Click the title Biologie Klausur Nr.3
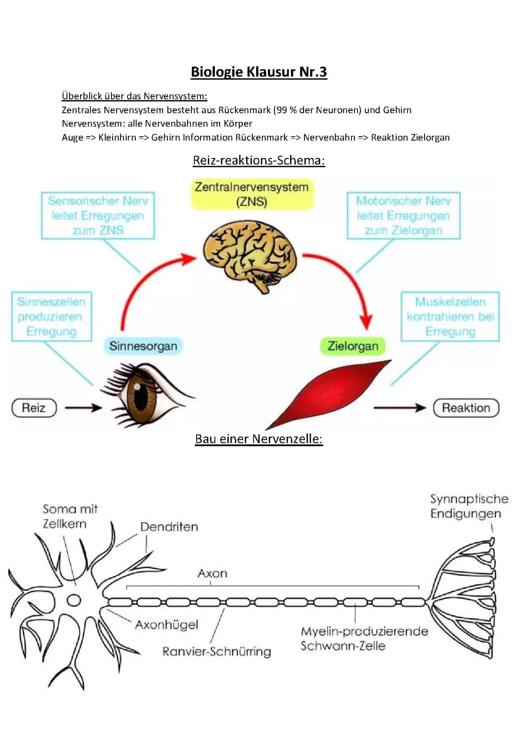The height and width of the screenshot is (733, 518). pyautogui.click(x=259, y=72)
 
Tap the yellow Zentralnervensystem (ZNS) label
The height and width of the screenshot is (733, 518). pyautogui.click(x=252, y=194)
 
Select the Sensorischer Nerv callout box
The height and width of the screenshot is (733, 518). pyautogui.click(x=98, y=216)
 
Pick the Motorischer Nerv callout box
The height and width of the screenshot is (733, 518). pyautogui.click(x=403, y=216)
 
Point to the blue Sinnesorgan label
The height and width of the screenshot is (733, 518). pyautogui.click(x=143, y=346)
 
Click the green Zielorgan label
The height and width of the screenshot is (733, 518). pyautogui.click(x=353, y=346)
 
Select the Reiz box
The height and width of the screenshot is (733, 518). pyautogui.click(x=34, y=408)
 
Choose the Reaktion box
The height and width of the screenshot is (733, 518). pyautogui.click(x=466, y=408)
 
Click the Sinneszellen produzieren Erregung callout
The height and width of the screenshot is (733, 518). pyautogui.click(x=51, y=317)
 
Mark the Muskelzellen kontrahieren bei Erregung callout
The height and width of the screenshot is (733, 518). pyautogui.click(x=450, y=317)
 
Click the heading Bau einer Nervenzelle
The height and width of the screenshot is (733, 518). pyautogui.click(x=259, y=439)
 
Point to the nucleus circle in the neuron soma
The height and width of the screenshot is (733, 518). pyautogui.click(x=74, y=600)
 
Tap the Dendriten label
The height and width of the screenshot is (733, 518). pyautogui.click(x=169, y=527)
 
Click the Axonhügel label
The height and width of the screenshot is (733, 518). pyautogui.click(x=166, y=625)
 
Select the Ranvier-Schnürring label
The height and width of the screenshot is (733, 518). pyautogui.click(x=216, y=652)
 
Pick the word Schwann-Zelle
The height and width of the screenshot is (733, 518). pyautogui.click(x=343, y=646)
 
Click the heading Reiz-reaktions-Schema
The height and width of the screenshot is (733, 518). pyautogui.click(x=259, y=160)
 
